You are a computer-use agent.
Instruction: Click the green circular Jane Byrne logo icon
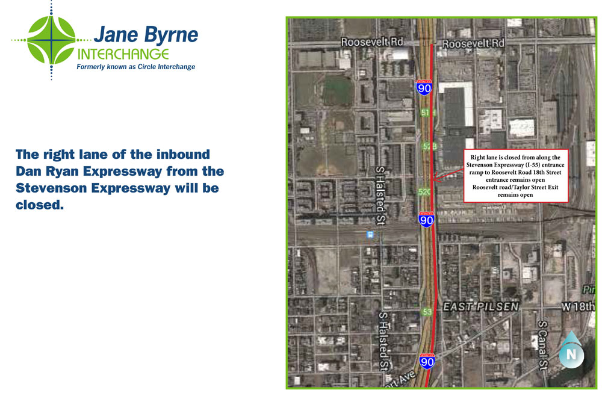51,40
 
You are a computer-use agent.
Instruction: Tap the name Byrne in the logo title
172,35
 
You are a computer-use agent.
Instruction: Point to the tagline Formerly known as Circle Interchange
135,67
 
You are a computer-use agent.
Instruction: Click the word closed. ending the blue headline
40,205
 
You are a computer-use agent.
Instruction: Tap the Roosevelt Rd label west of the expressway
371,42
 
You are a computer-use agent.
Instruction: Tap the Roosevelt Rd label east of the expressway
473,44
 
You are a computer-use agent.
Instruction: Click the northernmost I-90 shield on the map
424,87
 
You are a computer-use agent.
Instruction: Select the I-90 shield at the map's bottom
427,361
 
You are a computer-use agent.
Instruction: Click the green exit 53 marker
427,312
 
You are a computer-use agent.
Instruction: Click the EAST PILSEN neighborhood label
480,307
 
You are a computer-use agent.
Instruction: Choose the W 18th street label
579,307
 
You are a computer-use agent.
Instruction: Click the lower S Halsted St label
383,340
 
